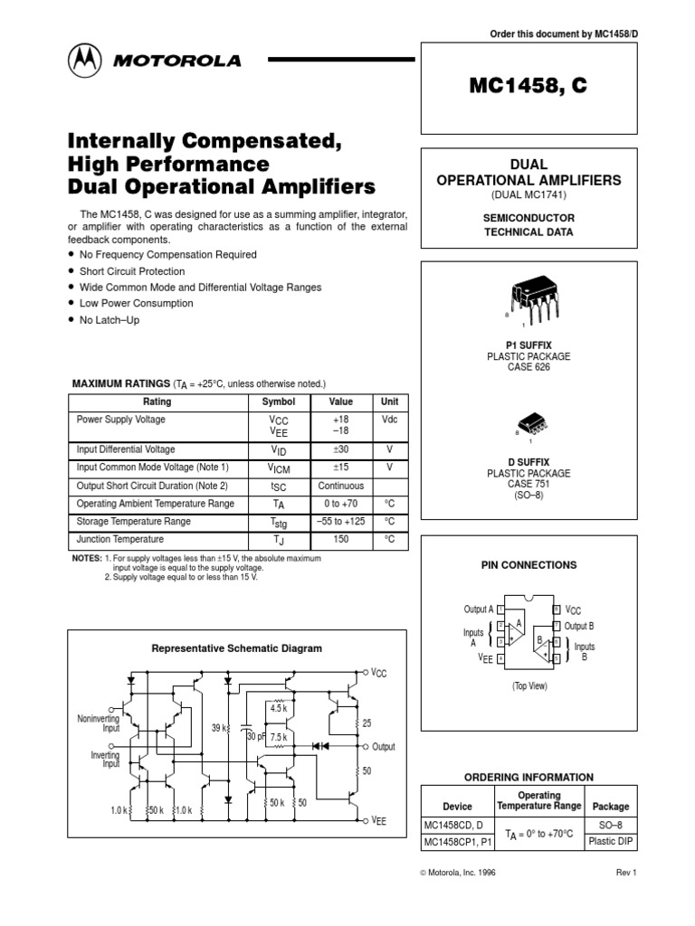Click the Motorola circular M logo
84,61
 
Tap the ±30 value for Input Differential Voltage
340,449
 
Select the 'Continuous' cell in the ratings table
340,486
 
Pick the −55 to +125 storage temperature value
340,522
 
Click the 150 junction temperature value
340,540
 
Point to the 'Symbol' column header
278,402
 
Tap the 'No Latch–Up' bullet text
109,320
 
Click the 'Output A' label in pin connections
479,609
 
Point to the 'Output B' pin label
579,626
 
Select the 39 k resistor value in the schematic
219,728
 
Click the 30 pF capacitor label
256,737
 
